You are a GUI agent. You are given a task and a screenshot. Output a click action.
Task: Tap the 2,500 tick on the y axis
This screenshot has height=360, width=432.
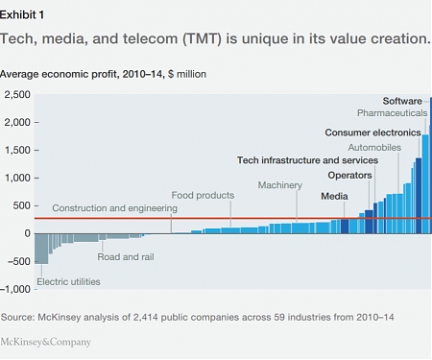(x=17, y=94)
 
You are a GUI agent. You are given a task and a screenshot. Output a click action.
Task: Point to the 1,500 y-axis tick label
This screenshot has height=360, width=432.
(x=17, y=150)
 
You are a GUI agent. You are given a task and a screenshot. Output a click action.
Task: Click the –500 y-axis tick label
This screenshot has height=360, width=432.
(x=18, y=261)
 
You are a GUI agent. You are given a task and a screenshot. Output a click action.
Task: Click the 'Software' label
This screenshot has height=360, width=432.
(x=402, y=101)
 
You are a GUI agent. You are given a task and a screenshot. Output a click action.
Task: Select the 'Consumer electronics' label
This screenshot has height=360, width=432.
(x=372, y=132)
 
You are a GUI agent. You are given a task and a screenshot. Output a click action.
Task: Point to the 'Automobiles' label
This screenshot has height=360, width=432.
(x=375, y=148)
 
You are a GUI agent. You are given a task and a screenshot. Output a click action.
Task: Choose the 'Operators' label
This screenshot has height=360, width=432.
(x=350, y=176)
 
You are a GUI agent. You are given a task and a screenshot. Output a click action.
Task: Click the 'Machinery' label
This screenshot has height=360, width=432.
(x=280, y=184)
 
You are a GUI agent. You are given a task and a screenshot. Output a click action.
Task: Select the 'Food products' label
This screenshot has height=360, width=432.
(x=203, y=195)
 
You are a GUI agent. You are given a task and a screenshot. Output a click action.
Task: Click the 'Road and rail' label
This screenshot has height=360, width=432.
(x=126, y=256)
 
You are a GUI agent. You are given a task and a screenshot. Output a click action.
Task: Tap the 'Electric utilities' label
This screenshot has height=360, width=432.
(x=68, y=281)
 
